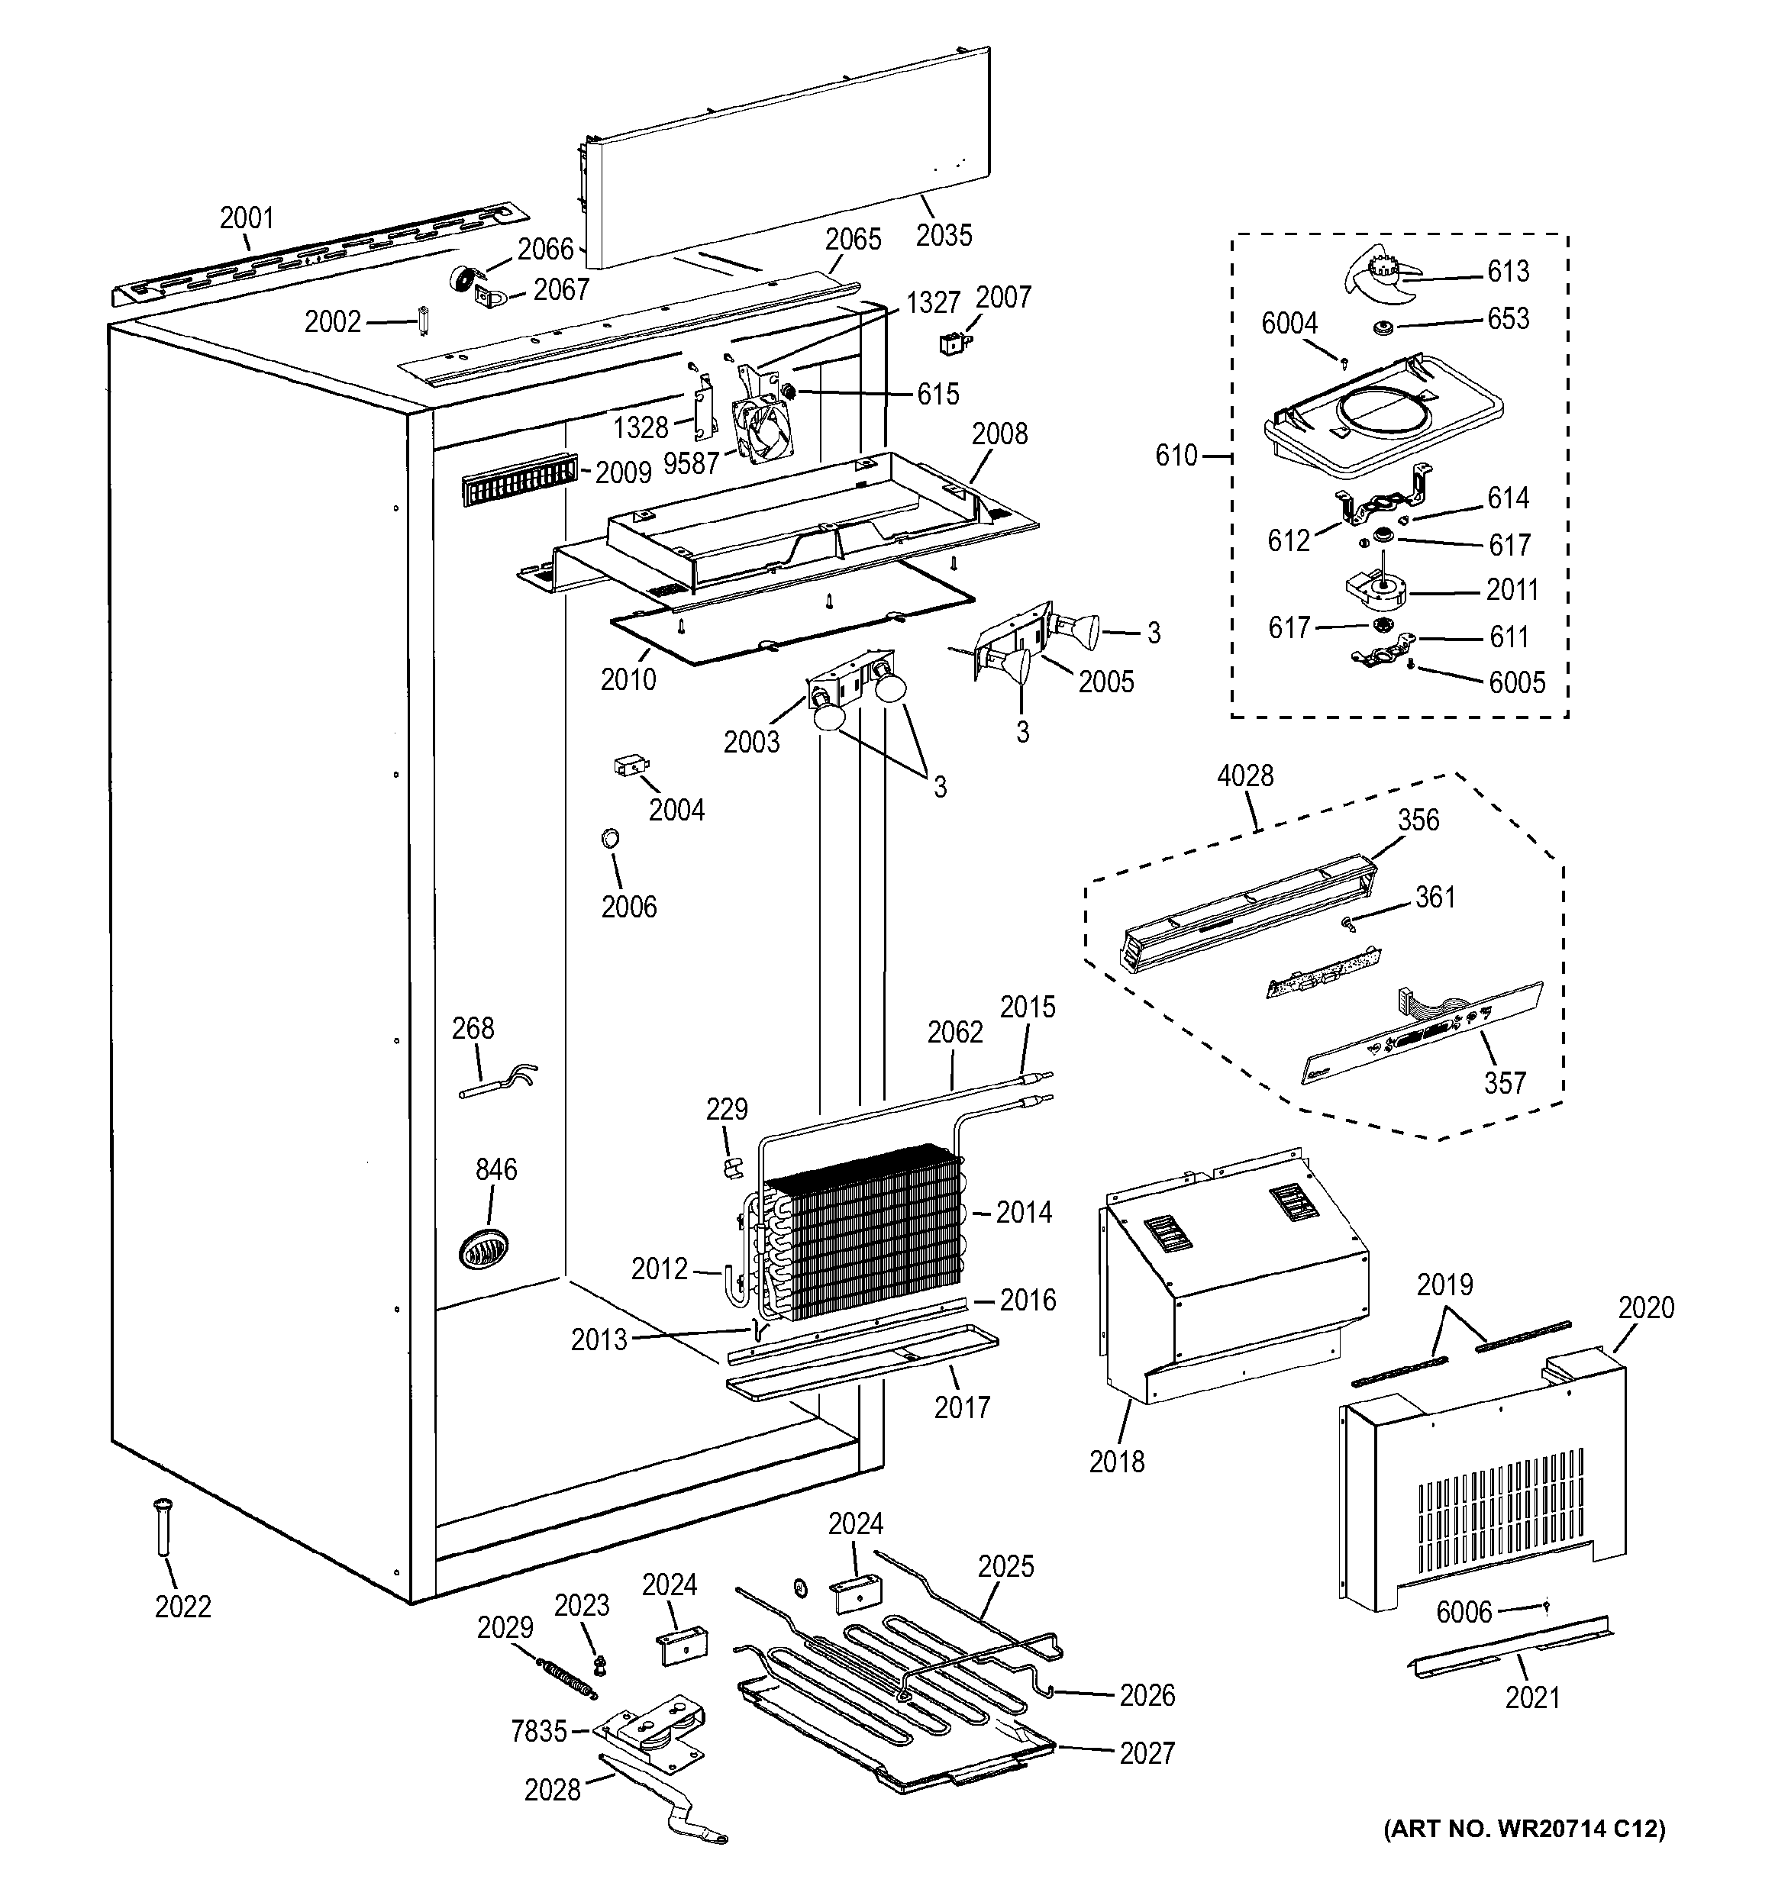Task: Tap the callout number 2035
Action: pos(944,235)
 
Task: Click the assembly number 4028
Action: pos(1244,776)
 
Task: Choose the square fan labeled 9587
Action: pos(766,430)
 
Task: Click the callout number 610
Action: pos(1176,456)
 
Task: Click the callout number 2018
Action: pos(1116,1462)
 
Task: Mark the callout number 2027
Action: pos(1147,1752)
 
